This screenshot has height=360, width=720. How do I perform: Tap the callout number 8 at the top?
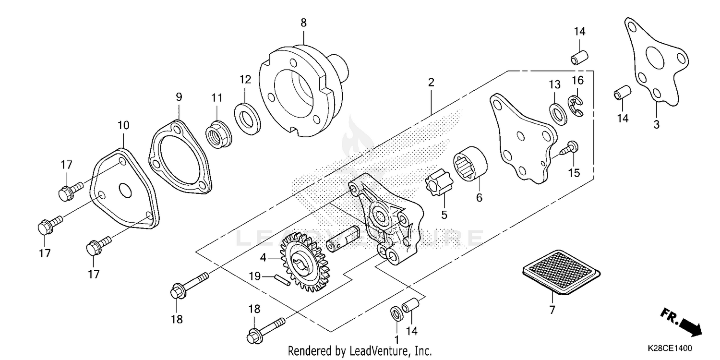click(303, 23)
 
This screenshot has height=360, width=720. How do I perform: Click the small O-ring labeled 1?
click(397, 313)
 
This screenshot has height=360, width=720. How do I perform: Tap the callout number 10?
click(123, 126)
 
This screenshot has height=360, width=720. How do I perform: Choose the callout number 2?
click(431, 82)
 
